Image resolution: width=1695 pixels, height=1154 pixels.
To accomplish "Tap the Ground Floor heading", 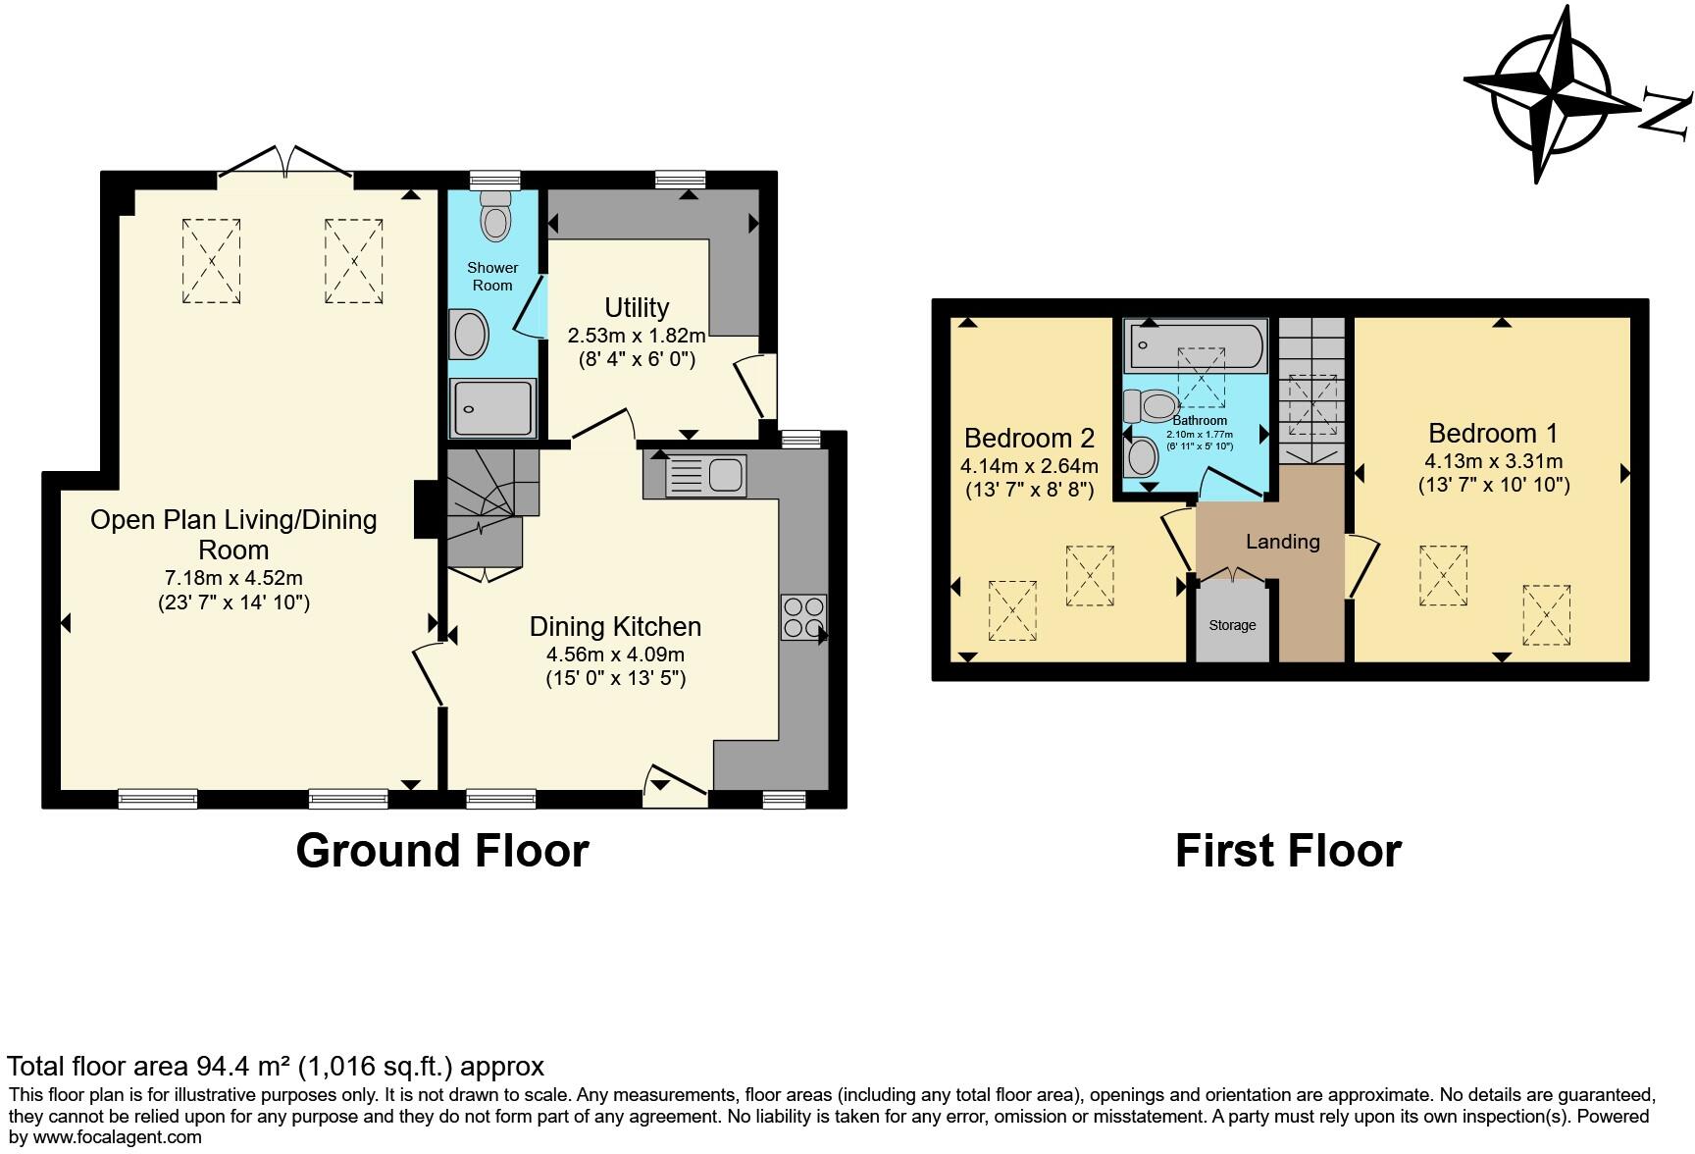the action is click(442, 851).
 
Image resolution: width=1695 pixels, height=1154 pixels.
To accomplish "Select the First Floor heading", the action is click(1288, 851).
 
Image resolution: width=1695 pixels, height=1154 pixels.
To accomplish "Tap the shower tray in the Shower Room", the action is click(493, 407).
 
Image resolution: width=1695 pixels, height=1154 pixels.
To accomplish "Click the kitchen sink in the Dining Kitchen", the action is click(706, 476).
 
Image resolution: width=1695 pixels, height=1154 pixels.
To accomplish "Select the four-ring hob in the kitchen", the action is click(803, 617).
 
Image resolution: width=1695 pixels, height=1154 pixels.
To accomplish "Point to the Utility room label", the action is click(637, 308).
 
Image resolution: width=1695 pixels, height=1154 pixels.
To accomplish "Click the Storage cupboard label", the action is click(1232, 625).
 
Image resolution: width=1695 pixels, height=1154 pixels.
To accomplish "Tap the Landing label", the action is click(1283, 542).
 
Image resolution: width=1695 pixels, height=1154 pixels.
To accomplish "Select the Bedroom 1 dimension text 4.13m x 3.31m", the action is click(1494, 461).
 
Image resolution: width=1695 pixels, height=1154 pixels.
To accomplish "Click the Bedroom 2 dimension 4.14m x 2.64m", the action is click(1030, 466).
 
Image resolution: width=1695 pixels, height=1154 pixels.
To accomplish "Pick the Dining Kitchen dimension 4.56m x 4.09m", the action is click(615, 655).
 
